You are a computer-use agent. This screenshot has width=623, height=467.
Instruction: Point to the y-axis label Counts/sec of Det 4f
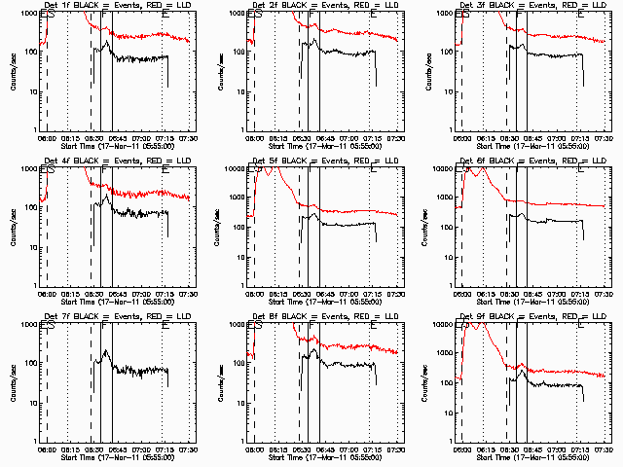13,225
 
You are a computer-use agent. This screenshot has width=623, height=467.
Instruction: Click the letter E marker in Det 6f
581,170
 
